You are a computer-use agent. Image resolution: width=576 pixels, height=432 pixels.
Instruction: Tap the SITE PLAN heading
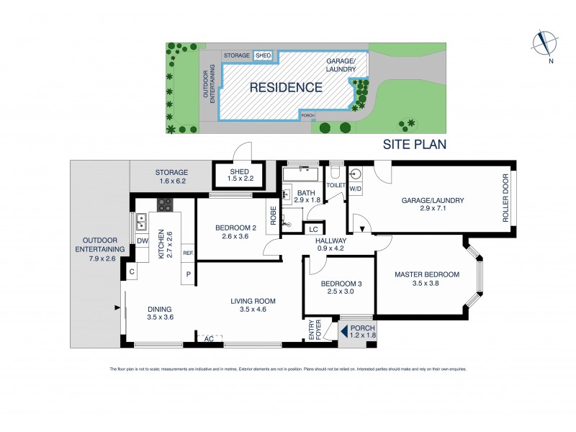pyautogui.click(x=414, y=144)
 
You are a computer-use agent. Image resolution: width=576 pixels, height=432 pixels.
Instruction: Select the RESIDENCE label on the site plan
pyautogui.click(x=286, y=88)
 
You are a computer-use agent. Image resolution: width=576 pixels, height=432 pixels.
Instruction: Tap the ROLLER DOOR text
pyautogui.click(x=505, y=197)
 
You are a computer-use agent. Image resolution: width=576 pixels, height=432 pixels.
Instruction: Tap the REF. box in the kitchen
pyautogui.click(x=188, y=253)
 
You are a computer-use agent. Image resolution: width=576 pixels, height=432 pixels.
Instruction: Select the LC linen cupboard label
pyautogui.click(x=313, y=229)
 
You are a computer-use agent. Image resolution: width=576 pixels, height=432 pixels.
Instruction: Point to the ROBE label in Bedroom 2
pyautogui.click(x=273, y=217)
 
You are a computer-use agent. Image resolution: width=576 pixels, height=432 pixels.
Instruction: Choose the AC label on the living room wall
pyautogui.click(x=209, y=338)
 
